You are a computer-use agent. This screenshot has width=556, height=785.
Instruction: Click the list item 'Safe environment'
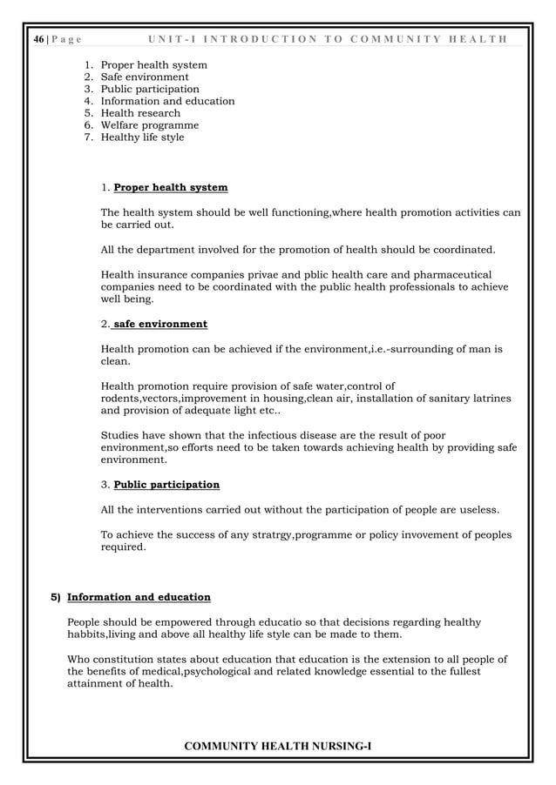(145, 77)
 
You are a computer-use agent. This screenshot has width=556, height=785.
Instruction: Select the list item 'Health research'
(140, 113)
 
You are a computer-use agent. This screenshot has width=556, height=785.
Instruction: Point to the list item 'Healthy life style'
(143, 138)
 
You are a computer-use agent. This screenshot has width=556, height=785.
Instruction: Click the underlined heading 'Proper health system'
(171, 187)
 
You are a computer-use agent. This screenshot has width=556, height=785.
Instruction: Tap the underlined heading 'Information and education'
(139, 597)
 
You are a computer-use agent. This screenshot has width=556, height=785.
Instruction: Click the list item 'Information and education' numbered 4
(167, 101)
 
